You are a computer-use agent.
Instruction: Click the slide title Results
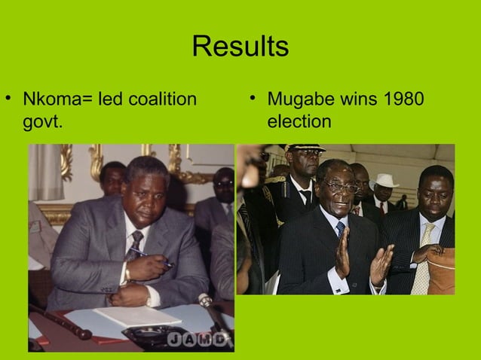pyautogui.click(x=240, y=47)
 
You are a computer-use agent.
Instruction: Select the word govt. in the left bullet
pyautogui.click(x=43, y=122)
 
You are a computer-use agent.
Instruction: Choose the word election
pyautogui.click(x=299, y=122)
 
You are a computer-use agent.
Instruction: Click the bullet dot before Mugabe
pyautogui.click(x=254, y=100)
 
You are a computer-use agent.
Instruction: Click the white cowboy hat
pyautogui.click(x=386, y=181)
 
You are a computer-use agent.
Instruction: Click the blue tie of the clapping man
pyautogui.click(x=341, y=229)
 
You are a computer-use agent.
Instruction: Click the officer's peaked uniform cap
pyautogui.click(x=305, y=148)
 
